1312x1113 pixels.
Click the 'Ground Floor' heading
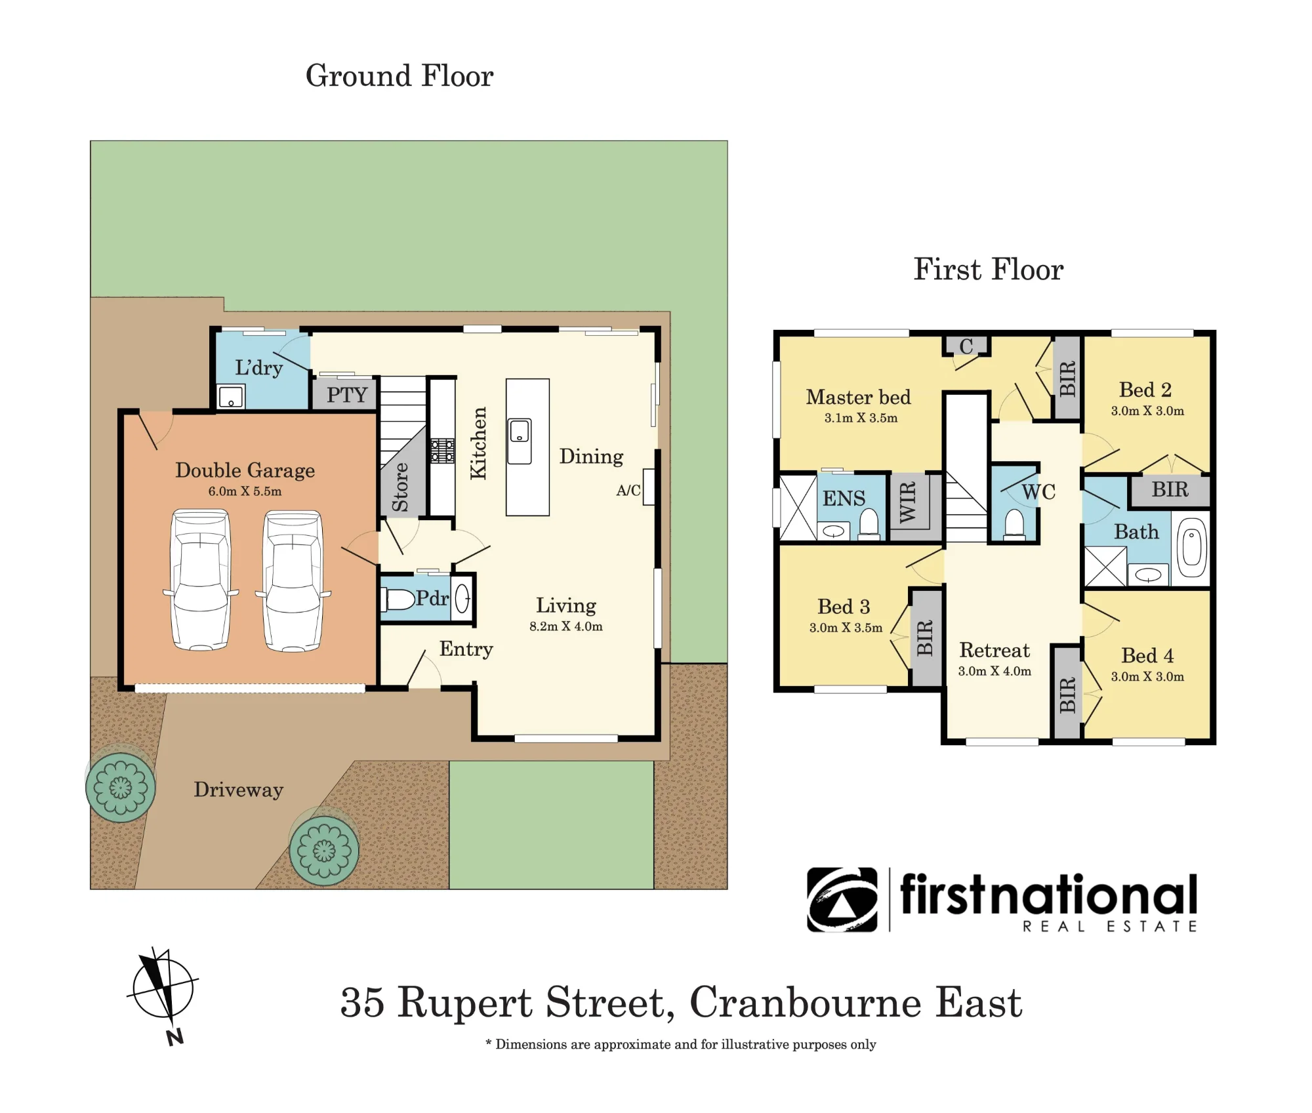[400, 76]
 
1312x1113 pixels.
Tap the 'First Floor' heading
[989, 270]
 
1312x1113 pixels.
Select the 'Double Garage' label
[245, 470]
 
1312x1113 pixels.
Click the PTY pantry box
[345, 394]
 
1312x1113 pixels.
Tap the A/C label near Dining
[628, 490]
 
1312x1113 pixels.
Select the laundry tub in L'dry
[231, 397]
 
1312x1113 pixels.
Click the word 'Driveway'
[239, 790]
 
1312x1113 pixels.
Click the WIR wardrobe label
[907, 502]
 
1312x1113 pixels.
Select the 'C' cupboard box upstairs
[966, 346]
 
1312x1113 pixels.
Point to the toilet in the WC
[1015, 525]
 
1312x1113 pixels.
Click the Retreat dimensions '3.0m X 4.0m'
[994, 671]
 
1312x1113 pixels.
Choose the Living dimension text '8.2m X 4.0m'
[566, 626]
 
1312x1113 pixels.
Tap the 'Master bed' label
[859, 397]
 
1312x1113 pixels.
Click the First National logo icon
[842, 900]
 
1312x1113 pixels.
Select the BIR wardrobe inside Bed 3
[925, 637]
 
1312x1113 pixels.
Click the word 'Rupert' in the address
[465, 1003]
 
